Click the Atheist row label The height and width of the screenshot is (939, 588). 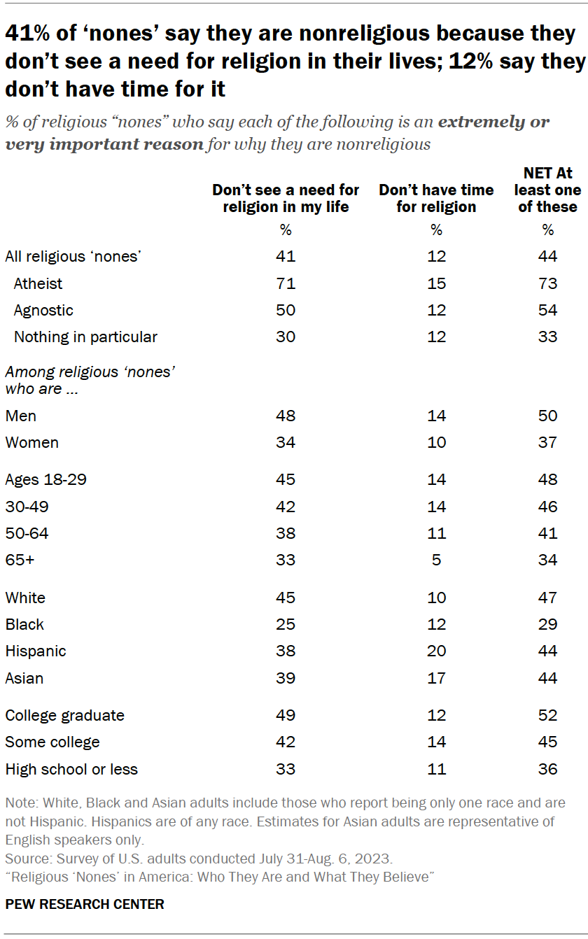[38, 283]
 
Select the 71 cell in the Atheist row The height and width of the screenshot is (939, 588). [286, 283]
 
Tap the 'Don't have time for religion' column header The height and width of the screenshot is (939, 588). [436, 198]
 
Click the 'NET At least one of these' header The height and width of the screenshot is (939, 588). [548, 190]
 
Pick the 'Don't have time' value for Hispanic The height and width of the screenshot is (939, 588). [436, 651]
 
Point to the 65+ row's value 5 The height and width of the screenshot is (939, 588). [436, 560]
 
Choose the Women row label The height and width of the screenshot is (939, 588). [31, 442]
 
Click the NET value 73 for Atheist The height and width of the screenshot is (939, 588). [548, 283]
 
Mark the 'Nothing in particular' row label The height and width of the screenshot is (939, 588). [85, 337]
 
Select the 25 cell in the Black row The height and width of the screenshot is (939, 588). [286, 624]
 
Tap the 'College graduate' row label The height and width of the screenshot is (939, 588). [64, 715]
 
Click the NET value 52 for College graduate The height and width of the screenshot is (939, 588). [548, 715]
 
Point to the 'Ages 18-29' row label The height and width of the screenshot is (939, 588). [45, 479]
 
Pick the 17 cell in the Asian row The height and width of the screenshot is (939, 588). [436, 678]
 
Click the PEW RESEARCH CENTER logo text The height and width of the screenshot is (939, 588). [85, 904]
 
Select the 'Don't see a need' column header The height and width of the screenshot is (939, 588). [286, 198]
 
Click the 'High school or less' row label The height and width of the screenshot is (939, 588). [71, 769]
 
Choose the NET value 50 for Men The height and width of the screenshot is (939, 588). [548, 416]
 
